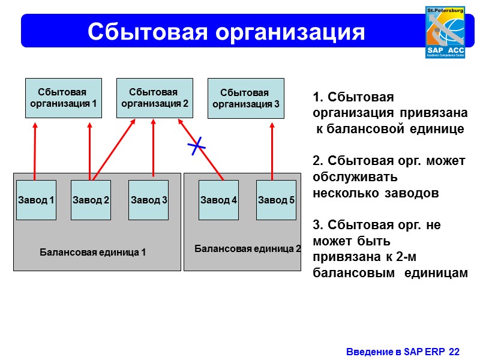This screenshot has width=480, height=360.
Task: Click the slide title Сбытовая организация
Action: tap(226, 31)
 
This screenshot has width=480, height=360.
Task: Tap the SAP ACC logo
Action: tap(445, 32)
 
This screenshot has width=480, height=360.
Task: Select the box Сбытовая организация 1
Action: tap(63, 98)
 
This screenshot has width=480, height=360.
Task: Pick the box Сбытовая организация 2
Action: tap(154, 98)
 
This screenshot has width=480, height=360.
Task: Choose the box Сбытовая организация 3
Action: tap(245, 98)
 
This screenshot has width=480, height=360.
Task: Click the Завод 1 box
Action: tap(36, 200)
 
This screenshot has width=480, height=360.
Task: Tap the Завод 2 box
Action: tap(91, 200)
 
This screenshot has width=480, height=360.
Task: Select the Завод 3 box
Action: tap(148, 200)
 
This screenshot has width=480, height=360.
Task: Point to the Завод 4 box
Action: tap(218, 200)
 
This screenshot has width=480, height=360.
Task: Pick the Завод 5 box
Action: tap(276, 200)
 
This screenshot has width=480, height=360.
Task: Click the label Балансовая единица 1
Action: tap(92, 252)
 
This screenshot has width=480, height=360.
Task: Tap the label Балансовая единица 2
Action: tap(248, 248)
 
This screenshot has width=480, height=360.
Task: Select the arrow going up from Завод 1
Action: tap(35, 150)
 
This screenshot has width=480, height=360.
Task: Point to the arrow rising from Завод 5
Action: tap(273, 150)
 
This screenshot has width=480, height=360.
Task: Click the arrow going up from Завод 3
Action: tap(154, 147)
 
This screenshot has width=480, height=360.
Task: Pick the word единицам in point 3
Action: tap(436, 273)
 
